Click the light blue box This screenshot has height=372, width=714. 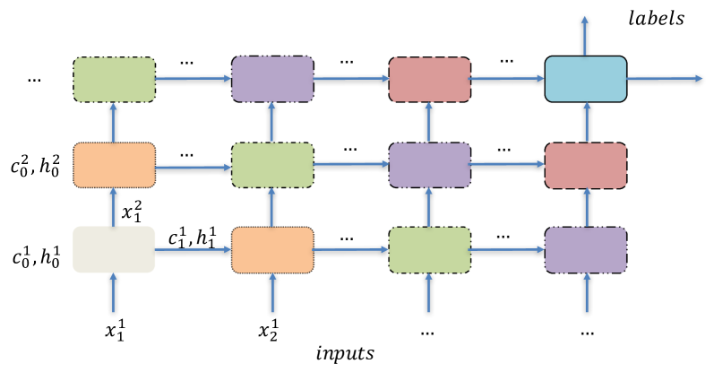pos(585,79)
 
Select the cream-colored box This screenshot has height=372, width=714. pos(114,249)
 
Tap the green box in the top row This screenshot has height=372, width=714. pos(114,79)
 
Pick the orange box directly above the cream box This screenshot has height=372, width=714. pos(114,165)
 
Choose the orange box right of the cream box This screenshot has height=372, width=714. pos(272,249)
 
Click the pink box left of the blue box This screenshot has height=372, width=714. pos(429,79)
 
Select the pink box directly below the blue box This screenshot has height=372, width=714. pos(585,165)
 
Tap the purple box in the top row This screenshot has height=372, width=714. pos(272,79)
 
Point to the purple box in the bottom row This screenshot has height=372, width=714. pos(585,249)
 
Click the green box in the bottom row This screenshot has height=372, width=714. pos(429,249)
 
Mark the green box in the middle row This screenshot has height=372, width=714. pos(272,165)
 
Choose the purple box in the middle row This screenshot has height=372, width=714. pos(429,165)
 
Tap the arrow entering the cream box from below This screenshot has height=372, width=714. pos(114,293)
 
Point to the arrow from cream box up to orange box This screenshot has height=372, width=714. pos(114,207)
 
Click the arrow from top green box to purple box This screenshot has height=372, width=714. pos(193,79)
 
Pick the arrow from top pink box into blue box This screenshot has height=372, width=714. pos(507,79)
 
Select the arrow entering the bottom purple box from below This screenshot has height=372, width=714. pos(587,293)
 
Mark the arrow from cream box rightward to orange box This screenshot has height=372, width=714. pos(193,249)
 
